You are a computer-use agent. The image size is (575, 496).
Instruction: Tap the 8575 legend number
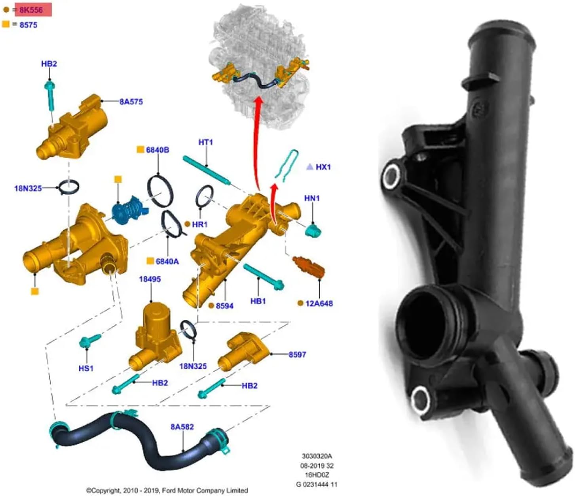(x=28, y=25)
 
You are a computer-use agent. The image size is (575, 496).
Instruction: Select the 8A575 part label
(x=131, y=102)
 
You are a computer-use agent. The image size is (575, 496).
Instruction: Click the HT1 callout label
(x=205, y=142)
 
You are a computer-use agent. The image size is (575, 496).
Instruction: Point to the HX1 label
(x=323, y=167)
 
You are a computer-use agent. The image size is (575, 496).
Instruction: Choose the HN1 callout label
(x=312, y=198)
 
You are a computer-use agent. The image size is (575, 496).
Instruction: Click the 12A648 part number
(x=319, y=304)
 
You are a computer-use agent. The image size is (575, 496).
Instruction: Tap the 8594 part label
(x=224, y=306)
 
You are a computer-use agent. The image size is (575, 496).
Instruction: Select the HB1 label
(x=258, y=301)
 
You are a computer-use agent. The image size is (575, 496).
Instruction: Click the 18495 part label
(x=150, y=279)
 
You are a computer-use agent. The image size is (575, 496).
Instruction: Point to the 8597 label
(x=297, y=355)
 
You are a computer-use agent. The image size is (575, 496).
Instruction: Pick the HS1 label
(x=86, y=368)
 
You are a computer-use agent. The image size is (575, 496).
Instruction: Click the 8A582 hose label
(x=182, y=426)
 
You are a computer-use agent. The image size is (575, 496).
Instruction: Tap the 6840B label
(x=158, y=150)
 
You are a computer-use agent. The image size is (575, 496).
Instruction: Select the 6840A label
(x=167, y=262)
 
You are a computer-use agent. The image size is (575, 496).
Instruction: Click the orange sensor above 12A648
(x=309, y=267)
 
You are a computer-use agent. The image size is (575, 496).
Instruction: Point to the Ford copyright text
(x=167, y=490)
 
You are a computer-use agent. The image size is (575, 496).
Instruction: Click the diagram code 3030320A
(x=317, y=456)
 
